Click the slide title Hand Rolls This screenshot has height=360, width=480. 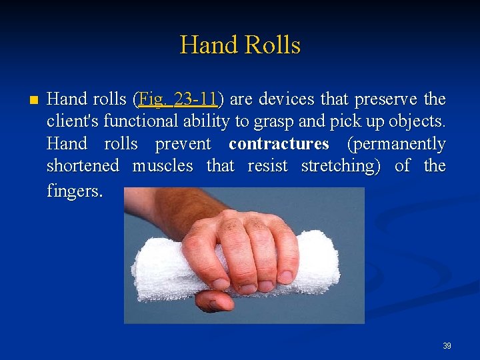pos(240,45)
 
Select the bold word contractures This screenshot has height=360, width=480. pos(279,144)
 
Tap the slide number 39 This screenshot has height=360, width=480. pos(447,346)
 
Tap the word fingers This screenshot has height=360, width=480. pos(75,191)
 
